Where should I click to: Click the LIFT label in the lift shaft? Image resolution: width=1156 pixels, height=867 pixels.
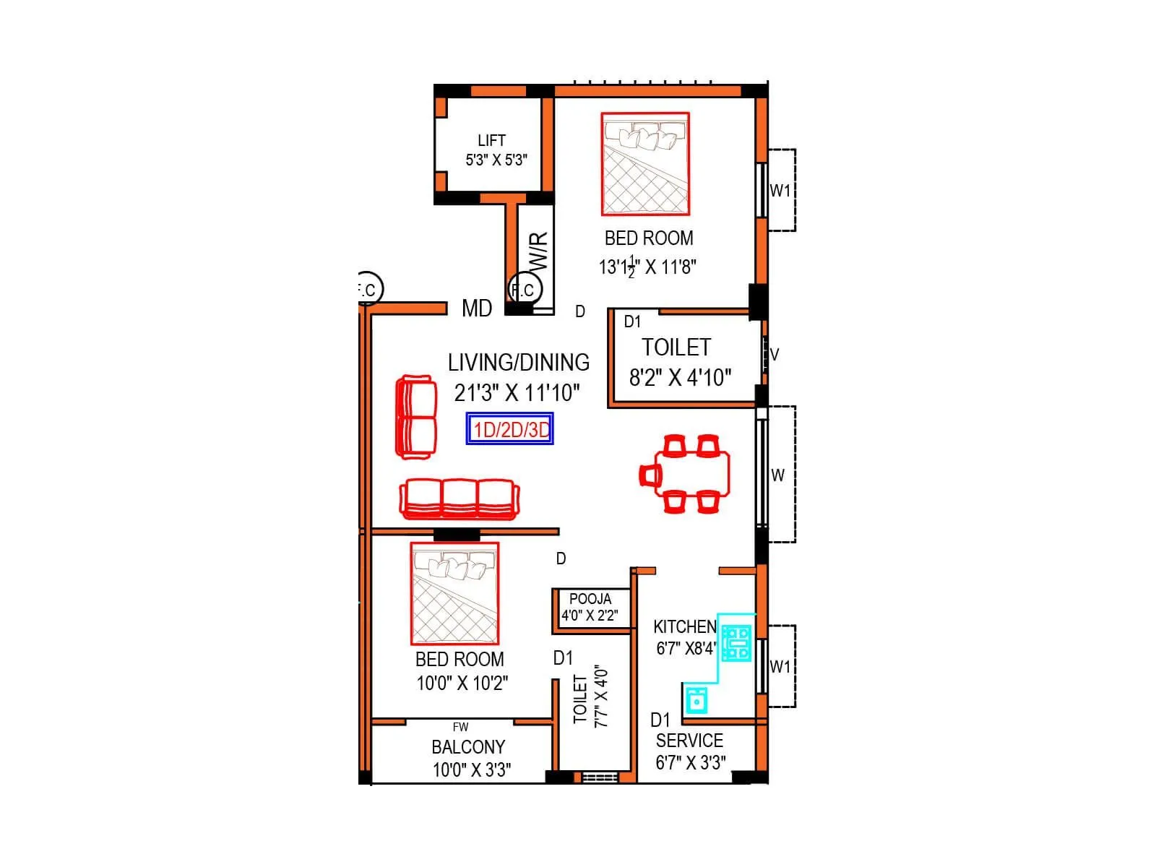(491, 140)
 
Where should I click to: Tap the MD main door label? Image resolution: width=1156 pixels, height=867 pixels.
(477, 309)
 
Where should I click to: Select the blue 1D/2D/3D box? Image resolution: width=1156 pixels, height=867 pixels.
(510, 429)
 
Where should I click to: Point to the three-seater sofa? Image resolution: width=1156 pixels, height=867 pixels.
(460, 499)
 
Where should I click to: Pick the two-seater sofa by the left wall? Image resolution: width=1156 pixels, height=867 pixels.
(416, 416)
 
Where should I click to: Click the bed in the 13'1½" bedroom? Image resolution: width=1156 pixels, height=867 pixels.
(645, 164)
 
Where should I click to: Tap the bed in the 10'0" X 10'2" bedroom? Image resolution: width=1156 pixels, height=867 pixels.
(454, 593)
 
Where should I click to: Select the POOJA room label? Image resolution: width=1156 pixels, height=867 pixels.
(590, 599)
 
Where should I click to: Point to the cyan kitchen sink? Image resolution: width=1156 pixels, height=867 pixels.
(696, 699)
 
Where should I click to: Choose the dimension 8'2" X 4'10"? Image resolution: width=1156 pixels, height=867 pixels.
(680, 377)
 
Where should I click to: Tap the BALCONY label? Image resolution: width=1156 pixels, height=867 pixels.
(468, 747)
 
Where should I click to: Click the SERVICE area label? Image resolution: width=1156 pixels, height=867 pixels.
(689, 741)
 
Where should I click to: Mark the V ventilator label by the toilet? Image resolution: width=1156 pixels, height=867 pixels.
(775, 355)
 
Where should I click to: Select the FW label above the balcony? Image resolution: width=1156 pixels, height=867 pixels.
(460, 727)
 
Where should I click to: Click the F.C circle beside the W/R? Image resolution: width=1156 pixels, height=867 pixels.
(522, 290)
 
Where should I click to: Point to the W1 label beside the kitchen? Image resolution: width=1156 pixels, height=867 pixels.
(780, 667)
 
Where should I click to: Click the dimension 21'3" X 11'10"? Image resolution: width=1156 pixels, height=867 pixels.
(517, 393)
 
